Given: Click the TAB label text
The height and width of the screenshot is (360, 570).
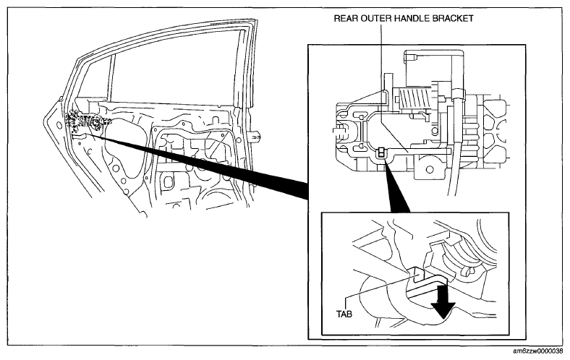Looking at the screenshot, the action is [344, 314].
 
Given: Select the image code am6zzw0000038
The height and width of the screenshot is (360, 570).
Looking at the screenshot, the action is [540, 351].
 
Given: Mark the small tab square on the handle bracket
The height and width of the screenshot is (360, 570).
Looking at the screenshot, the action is [381, 153].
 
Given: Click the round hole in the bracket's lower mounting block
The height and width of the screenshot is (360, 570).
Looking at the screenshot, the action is [430, 169].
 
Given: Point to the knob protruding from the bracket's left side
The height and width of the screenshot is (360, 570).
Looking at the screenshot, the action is [339, 131].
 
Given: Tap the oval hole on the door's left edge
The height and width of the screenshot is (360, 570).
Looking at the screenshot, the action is [59, 125].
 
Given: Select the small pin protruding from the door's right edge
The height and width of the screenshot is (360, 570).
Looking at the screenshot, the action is [256, 136].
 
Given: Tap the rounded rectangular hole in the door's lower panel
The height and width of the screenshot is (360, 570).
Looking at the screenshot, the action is [169, 182].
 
